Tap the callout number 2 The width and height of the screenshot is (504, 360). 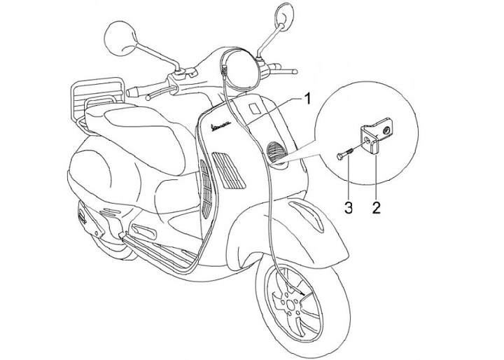pos(376,207)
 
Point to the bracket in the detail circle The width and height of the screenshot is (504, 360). pos(374,141)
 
